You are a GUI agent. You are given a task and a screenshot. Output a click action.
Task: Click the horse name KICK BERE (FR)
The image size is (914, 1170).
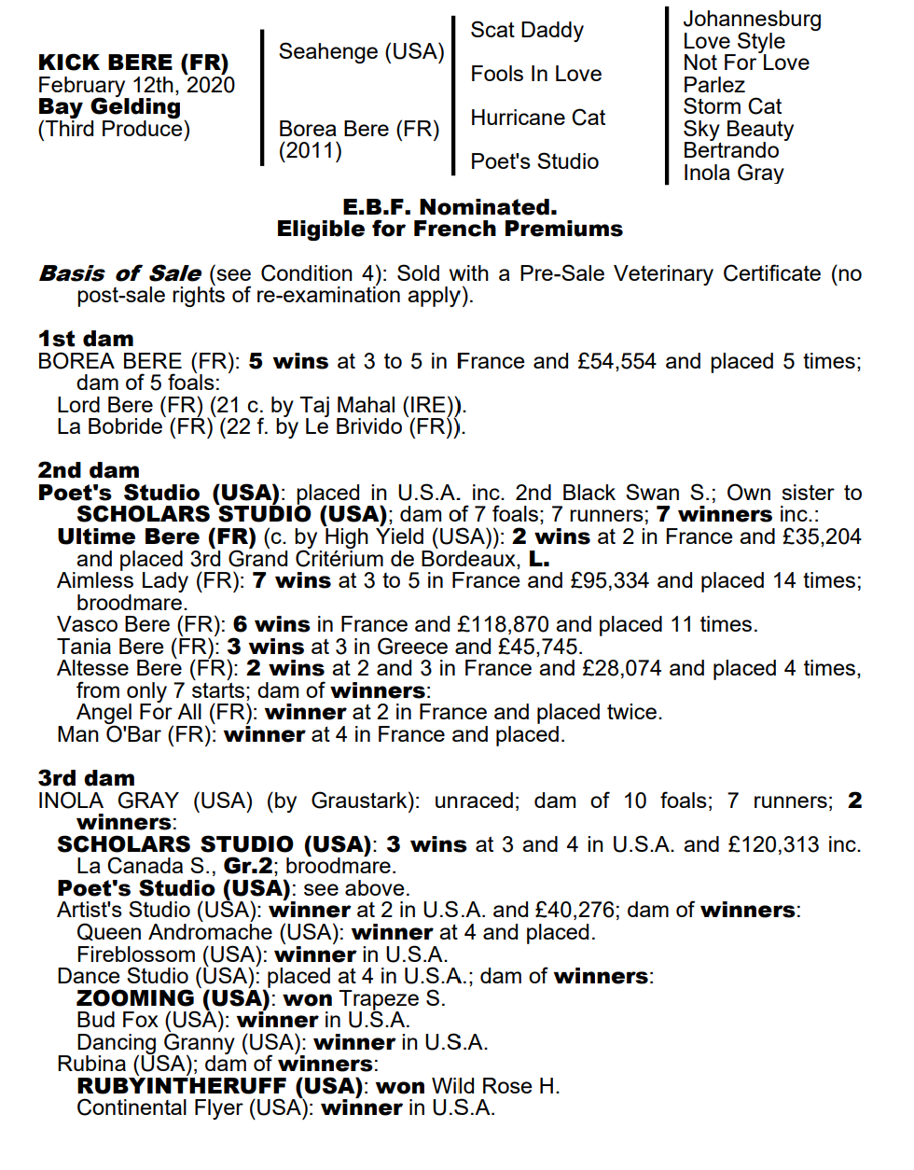(133, 63)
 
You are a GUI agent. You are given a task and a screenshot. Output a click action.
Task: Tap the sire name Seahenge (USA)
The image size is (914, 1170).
(361, 51)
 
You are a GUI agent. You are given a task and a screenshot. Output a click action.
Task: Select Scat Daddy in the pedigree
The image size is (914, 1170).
(527, 30)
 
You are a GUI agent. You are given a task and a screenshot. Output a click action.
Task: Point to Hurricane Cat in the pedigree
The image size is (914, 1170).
(538, 118)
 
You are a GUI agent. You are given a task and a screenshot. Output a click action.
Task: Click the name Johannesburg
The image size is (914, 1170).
(752, 19)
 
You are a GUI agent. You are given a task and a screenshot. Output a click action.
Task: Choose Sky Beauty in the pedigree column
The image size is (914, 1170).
(738, 129)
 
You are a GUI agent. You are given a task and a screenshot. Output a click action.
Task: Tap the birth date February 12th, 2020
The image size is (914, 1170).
(136, 85)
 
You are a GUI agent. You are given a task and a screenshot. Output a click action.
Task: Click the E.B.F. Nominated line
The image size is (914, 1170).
(450, 206)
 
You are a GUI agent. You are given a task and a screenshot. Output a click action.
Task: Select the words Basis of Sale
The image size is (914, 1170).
(120, 273)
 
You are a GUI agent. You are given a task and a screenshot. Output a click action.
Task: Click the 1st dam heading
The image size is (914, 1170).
(86, 339)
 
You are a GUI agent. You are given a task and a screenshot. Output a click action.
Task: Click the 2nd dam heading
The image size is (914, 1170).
(89, 470)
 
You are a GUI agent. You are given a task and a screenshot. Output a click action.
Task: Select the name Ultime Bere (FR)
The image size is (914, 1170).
(157, 536)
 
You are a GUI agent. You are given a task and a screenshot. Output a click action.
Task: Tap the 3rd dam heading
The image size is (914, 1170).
(87, 778)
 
